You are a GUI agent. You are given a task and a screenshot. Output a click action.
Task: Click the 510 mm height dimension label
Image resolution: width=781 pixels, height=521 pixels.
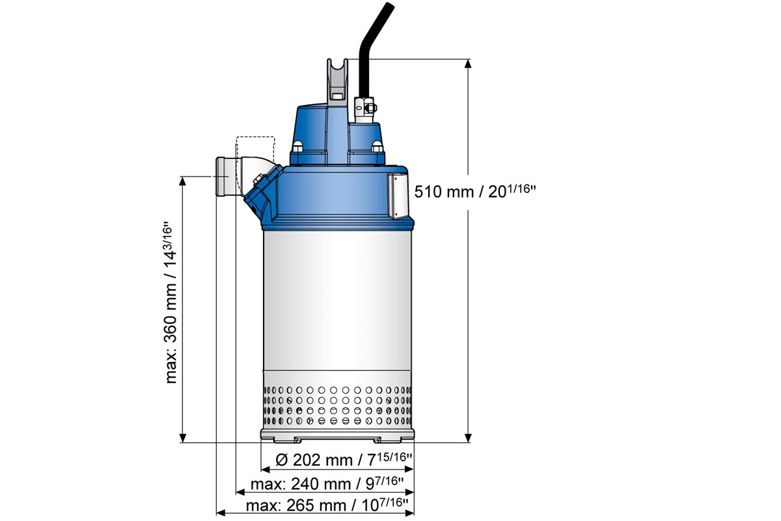[474, 191]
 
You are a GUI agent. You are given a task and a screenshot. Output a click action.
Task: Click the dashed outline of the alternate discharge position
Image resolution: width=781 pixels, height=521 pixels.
[256, 147]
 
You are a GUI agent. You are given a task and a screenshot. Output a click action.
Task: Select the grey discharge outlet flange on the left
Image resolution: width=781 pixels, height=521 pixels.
[223, 176]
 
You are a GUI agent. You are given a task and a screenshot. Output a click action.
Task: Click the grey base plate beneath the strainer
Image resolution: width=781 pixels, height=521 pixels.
[336, 434]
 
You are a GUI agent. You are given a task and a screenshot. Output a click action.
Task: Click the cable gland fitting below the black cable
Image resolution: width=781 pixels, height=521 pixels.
[363, 107]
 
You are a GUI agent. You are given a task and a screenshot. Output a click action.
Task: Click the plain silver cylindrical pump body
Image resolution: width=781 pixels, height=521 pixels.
[336, 300]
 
